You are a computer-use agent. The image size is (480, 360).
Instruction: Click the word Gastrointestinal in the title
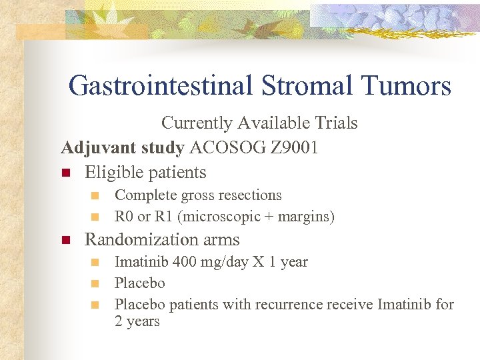click(160, 86)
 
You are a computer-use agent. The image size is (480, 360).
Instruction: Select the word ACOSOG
click(221, 147)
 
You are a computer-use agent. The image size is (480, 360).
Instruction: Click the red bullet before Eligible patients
click(65, 173)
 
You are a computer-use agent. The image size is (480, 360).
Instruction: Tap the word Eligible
click(113, 172)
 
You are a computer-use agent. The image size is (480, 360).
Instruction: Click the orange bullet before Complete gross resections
click(95, 196)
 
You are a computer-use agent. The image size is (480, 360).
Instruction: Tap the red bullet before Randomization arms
click(65, 240)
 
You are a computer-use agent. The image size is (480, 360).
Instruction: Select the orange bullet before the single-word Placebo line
click(95, 284)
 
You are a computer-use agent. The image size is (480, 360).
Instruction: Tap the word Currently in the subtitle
click(197, 123)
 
